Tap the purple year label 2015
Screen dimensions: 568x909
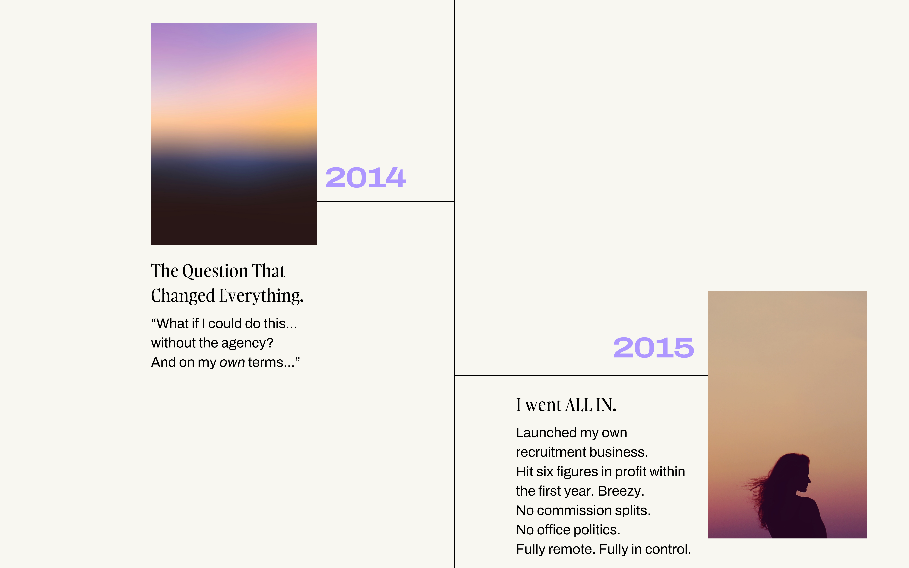tap(654, 347)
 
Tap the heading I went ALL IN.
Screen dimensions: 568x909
tap(566, 405)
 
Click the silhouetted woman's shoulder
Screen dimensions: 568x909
tap(808, 505)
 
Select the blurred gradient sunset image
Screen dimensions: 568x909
tap(234, 134)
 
